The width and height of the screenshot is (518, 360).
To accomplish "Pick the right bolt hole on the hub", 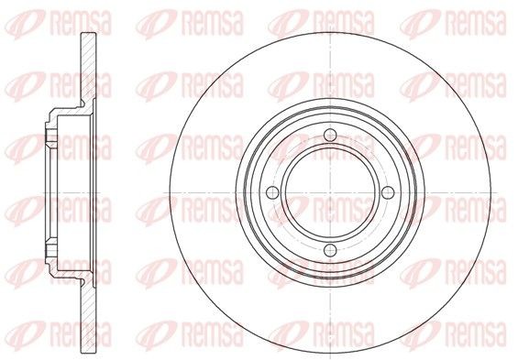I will [x=386, y=192].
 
